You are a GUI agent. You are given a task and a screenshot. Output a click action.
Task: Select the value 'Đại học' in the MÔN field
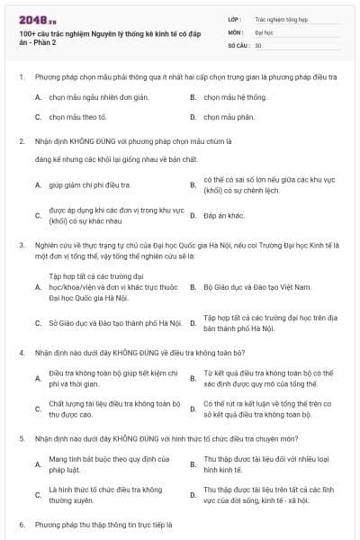click(265, 31)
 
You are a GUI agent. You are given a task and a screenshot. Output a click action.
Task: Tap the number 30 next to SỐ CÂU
click(258, 44)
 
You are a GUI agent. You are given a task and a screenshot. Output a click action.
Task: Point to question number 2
click(21, 141)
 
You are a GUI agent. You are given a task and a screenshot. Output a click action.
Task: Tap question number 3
click(21, 244)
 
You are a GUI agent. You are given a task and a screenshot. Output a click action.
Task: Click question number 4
click(21, 352)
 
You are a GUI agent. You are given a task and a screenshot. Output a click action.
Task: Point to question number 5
click(21, 437)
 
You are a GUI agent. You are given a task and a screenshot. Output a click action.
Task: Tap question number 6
click(21, 523)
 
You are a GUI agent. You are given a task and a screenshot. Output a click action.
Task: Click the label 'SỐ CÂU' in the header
click(238, 44)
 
